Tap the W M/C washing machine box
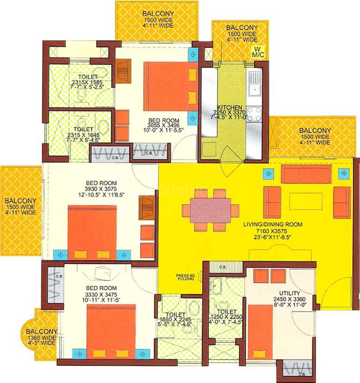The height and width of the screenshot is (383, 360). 255,52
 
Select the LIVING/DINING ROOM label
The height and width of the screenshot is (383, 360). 273,225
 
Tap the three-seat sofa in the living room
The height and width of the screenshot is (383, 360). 306,174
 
